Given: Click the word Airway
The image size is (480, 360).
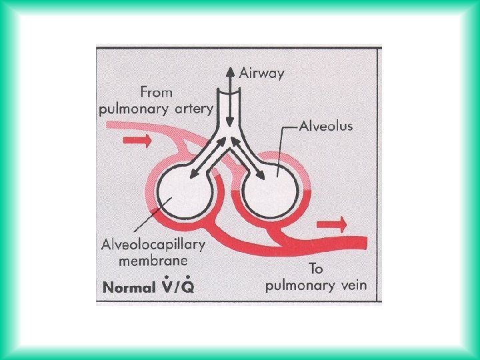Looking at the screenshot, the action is coord(262,73).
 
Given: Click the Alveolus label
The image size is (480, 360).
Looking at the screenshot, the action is coord(325,125).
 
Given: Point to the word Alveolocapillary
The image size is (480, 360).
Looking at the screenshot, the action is coord(153,245).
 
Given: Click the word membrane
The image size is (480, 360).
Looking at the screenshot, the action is coord(153,261).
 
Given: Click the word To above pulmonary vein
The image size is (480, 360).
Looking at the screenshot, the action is coord(317,269).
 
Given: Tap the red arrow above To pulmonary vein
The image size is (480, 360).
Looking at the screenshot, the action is coord(333,223).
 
